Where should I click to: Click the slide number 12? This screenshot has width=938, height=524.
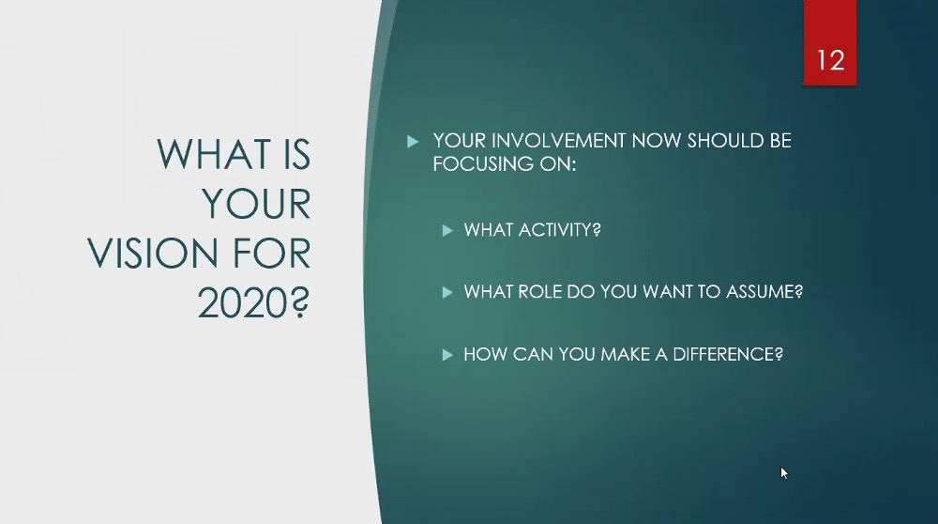click(x=830, y=60)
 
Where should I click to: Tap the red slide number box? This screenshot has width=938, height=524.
click(x=830, y=42)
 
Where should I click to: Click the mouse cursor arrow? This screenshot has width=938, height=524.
click(x=784, y=473)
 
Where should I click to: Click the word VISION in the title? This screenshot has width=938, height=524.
click(x=155, y=254)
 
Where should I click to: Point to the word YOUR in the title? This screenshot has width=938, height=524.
click(x=256, y=204)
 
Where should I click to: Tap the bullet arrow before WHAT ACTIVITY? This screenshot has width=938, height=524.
click(x=446, y=231)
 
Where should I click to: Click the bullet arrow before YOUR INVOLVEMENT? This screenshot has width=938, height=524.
click(x=412, y=142)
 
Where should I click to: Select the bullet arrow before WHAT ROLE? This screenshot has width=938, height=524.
click(x=446, y=292)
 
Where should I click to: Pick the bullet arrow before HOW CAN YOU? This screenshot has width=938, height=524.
click(x=446, y=355)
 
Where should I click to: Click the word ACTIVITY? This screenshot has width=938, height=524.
click(x=559, y=230)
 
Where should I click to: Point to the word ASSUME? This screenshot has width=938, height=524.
click(x=764, y=292)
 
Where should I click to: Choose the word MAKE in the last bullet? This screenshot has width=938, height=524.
click(x=625, y=355)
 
